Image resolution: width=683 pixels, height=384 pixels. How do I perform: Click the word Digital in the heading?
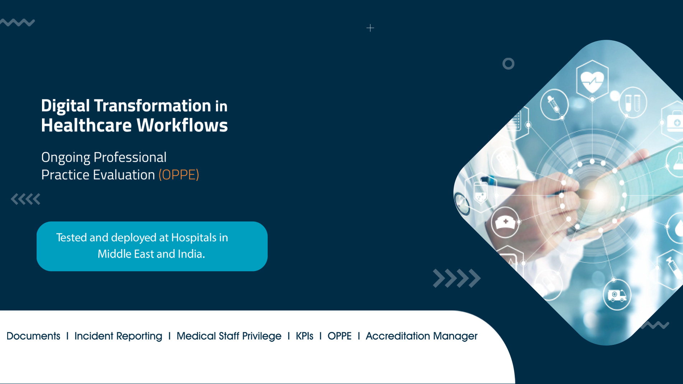click(65, 106)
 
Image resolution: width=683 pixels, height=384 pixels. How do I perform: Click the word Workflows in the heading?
click(182, 125)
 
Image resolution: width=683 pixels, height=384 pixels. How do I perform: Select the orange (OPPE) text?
click(179, 175)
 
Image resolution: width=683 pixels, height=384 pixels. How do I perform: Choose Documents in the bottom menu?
click(33, 336)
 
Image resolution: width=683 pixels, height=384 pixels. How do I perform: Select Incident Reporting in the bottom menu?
click(118, 336)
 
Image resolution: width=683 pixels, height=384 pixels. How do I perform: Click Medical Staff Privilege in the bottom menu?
click(229, 336)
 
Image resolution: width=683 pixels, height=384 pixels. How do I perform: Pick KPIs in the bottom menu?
click(304, 336)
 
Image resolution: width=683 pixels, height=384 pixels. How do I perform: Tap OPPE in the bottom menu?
click(340, 336)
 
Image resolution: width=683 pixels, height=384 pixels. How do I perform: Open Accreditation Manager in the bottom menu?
click(422, 336)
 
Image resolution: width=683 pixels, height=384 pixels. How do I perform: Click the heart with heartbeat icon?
click(592, 81)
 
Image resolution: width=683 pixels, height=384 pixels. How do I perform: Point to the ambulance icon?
click(617, 295)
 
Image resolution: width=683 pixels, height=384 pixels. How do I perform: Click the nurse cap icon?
click(505, 223)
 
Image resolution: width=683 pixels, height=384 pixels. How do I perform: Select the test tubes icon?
click(633, 103)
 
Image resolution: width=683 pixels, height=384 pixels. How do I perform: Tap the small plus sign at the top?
click(370, 28)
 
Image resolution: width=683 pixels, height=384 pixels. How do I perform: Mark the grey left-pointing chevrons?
click(25, 199)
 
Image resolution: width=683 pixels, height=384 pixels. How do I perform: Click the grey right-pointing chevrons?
click(457, 278)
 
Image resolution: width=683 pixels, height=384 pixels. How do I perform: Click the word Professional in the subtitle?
click(130, 158)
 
